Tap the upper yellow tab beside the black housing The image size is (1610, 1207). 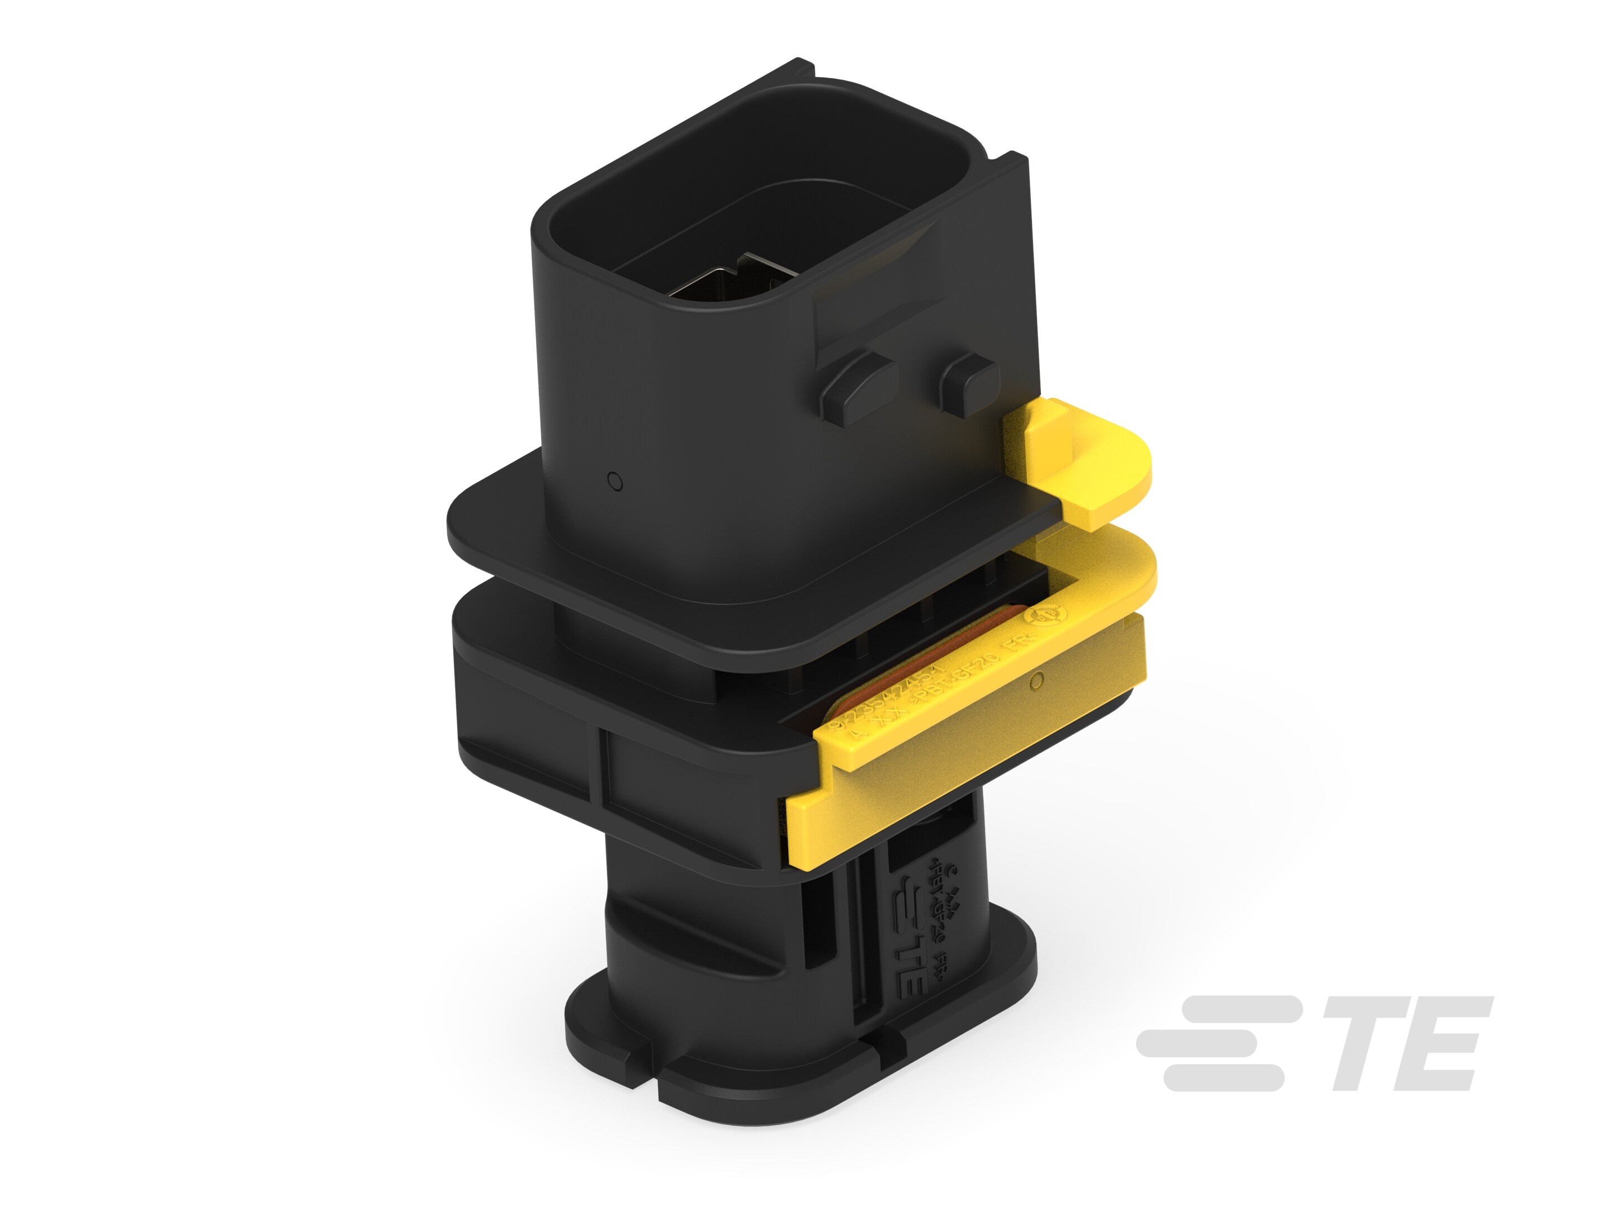[x=1077, y=465]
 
